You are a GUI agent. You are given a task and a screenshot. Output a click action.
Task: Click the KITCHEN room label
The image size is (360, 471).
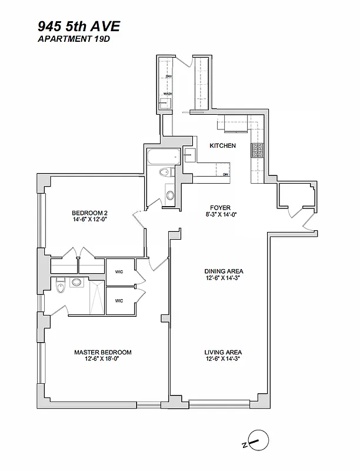click(223, 145)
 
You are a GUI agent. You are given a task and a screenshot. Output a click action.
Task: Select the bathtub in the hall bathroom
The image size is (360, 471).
click(164, 157)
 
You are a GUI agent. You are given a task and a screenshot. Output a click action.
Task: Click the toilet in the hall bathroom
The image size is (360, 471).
click(165, 173)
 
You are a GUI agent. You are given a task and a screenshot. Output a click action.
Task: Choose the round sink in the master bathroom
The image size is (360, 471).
click(76, 283)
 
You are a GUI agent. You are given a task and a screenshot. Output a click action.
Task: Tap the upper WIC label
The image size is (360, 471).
click(119, 272)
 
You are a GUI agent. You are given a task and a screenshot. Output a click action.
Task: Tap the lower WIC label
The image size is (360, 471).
click(119, 301)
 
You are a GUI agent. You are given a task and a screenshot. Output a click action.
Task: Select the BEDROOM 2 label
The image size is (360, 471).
click(89, 213)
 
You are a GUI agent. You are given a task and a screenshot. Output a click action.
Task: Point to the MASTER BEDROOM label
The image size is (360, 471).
click(103, 352)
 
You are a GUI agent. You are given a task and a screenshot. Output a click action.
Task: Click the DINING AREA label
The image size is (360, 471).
click(224, 271)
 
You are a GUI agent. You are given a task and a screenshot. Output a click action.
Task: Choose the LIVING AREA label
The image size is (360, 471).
click(224, 352)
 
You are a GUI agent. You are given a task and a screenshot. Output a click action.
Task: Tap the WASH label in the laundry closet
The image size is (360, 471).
click(168, 94)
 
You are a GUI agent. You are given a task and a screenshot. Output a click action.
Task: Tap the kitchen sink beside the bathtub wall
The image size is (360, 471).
click(190, 155)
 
